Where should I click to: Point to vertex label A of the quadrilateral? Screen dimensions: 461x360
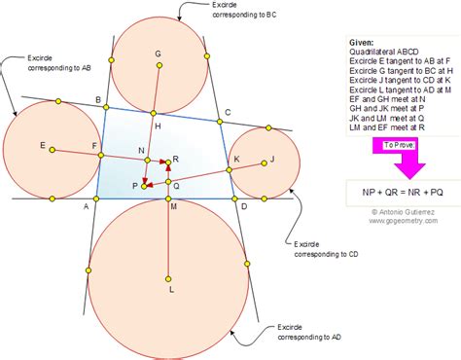tap(86, 207)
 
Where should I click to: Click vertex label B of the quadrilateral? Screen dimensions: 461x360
tap(97, 100)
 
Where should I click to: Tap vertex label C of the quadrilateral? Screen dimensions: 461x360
tap(228, 114)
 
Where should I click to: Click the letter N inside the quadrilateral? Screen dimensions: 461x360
tap(141, 150)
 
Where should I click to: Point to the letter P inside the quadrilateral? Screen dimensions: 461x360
tap(134, 184)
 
